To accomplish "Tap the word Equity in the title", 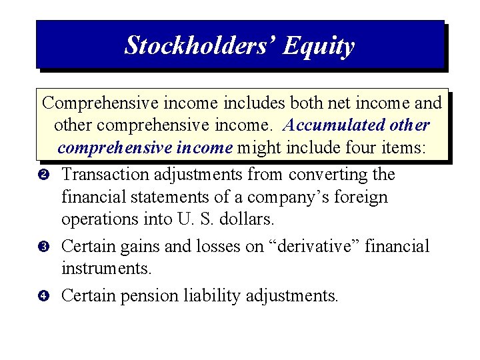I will tap(318, 46).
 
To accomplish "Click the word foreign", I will tap(364, 198).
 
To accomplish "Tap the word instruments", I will tap(106, 269).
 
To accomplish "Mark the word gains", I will tap(141, 247).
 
